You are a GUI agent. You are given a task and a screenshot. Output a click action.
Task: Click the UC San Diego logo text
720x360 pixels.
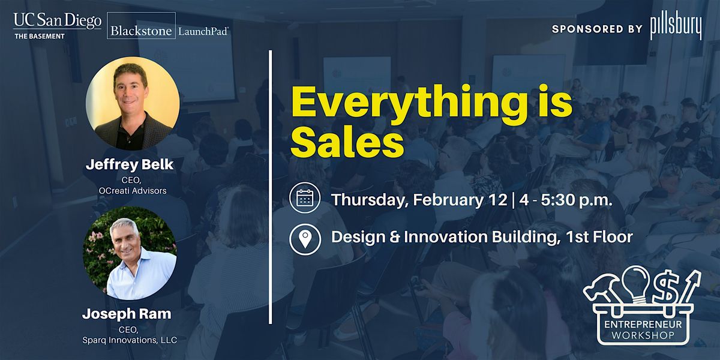coord(57,21)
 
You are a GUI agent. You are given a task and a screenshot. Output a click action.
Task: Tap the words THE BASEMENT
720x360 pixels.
coord(40,37)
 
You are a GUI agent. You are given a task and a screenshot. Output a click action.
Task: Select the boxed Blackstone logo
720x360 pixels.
coord(141,25)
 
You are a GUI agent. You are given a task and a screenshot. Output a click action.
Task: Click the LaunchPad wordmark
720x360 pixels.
coord(203,31)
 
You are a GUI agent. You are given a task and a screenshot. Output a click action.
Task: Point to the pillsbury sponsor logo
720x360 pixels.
coord(676,29)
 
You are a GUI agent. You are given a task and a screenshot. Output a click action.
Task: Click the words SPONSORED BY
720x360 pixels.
coord(597,29)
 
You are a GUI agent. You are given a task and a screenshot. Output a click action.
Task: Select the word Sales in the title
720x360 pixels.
coord(347,142)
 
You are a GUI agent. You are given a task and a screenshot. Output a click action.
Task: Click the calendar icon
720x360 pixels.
coord(305,197)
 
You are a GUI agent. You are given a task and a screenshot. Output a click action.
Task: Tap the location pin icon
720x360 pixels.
coord(305,239)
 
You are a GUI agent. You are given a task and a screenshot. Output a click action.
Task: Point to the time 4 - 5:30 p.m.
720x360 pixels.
coord(566,200)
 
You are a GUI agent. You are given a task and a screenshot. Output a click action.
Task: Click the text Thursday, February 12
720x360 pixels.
coord(419,200)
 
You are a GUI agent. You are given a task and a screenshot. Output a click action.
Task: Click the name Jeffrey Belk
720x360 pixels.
coord(130,164)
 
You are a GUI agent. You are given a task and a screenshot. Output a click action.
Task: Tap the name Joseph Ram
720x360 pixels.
coord(127,314)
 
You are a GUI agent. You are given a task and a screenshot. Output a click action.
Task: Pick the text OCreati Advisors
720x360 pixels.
coord(133,191)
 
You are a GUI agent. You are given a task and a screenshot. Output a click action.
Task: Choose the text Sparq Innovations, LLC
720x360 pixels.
coord(130,340)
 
